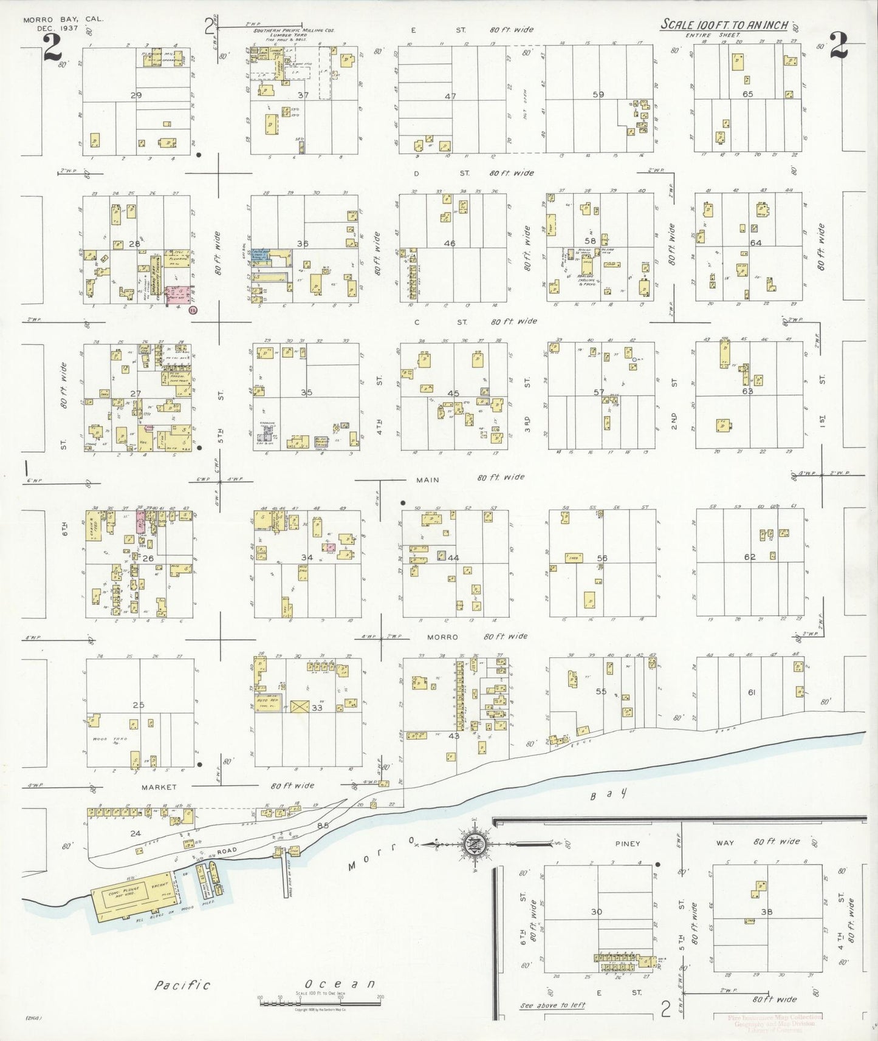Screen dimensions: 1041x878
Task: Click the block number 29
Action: pyautogui.click(x=136, y=95)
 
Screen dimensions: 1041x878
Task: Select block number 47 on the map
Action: pyautogui.click(x=450, y=96)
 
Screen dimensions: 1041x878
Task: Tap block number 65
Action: pyautogui.click(x=748, y=94)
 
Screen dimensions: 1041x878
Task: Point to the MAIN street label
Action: pyautogui.click(x=427, y=480)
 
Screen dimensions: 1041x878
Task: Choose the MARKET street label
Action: pyautogui.click(x=159, y=787)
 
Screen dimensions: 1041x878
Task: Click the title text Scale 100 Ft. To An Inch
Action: pyautogui.click(x=724, y=25)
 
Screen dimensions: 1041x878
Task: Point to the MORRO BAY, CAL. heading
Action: pyautogui.click(x=63, y=19)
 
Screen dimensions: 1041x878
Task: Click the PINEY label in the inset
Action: pyautogui.click(x=628, y=843)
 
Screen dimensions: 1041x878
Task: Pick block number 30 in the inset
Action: pyautogui.click(x=596, y=912)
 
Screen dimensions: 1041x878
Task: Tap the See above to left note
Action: pyautogui.click(x=553, y=1005)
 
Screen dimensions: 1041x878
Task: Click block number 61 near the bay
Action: pyautogui.click(x=752, y=692)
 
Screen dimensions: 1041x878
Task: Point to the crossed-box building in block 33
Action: pyautogui.click(x=298, y=708)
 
